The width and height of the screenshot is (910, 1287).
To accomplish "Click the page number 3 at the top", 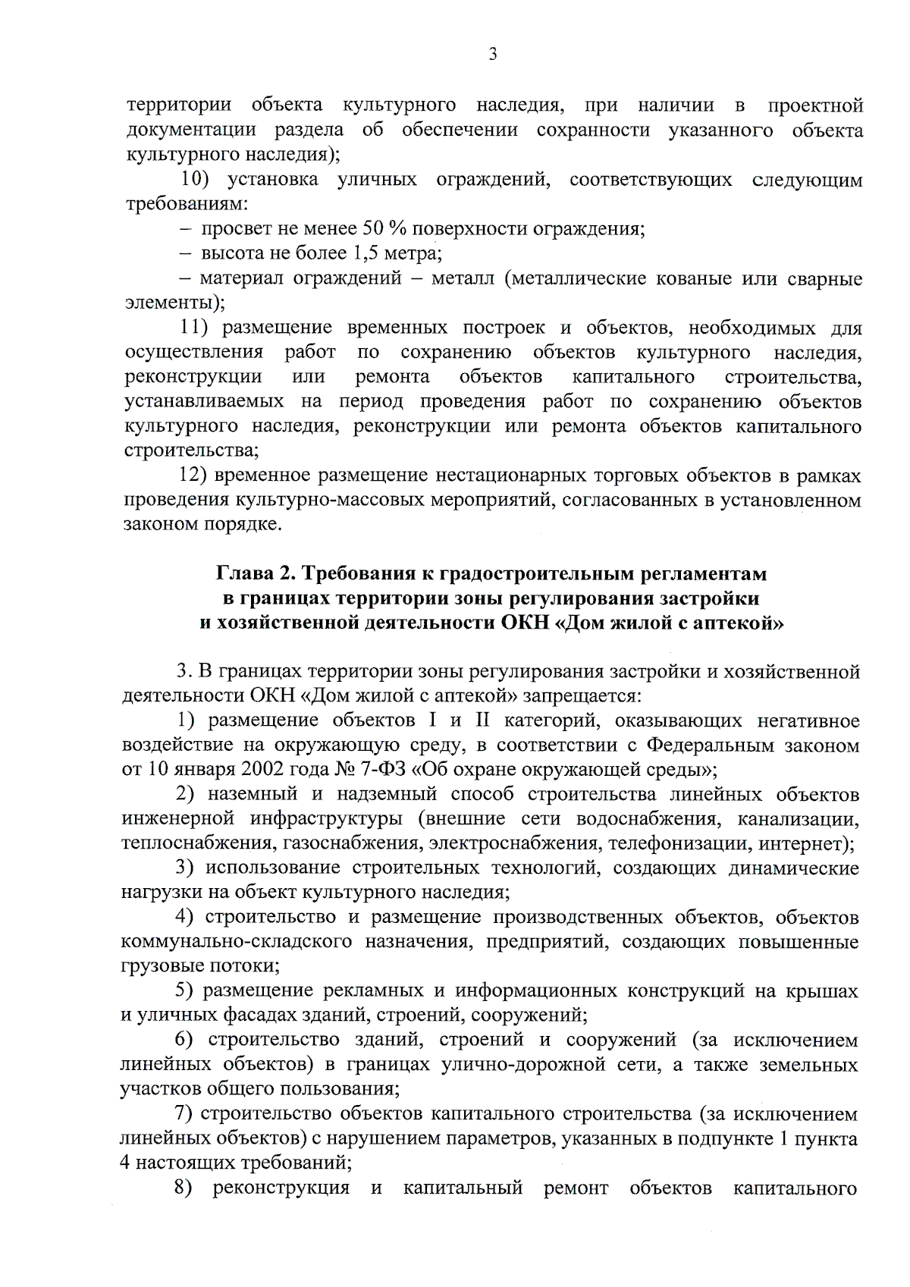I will point(493,54).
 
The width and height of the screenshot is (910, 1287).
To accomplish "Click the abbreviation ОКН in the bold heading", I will point(527,624).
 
